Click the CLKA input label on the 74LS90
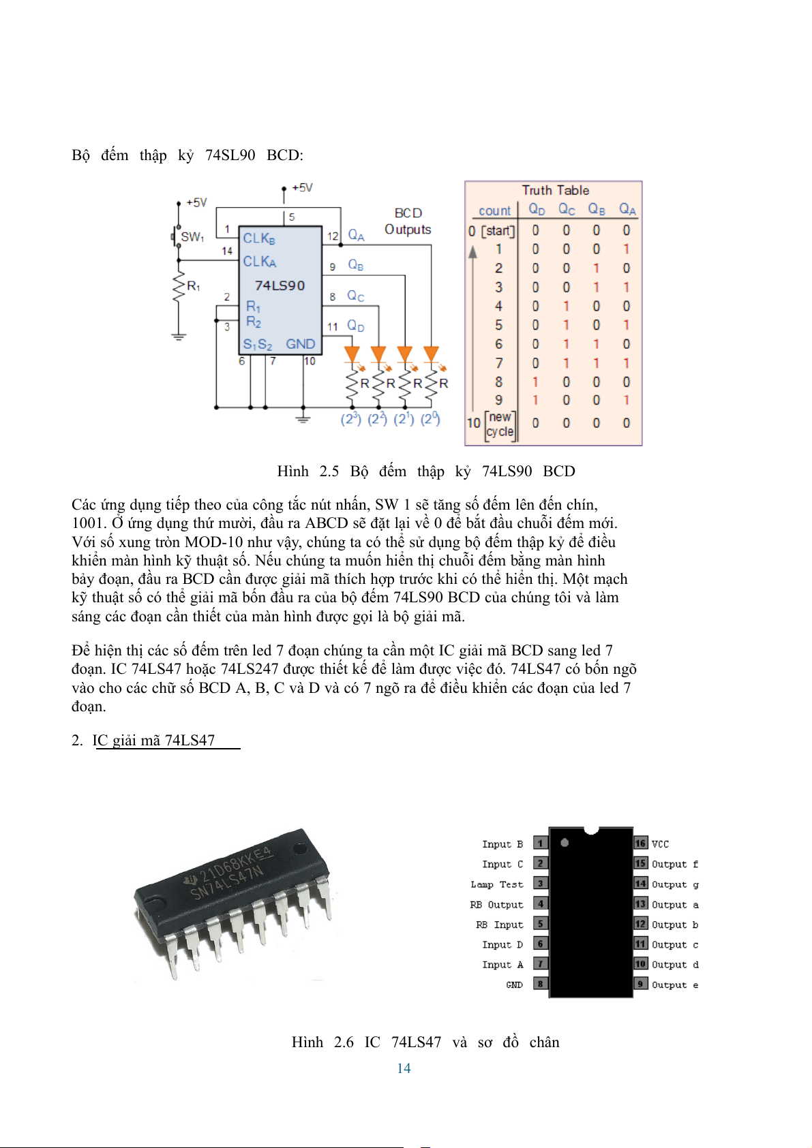pyautogui.click(x=260, y=262)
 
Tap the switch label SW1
pyautogui.click(x=192, y=237)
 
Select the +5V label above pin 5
pyautogui.click(x=302, y=187)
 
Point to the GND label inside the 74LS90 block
pyautogui.click(x=300, y=344)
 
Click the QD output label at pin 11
pyautogui.click(x=355, y=326)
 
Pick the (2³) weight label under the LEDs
pyautogui.click(x=350, y=418)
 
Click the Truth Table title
pyautogui.click(x=555, y=190)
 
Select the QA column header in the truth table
pyautogui.click(x=627, y=210)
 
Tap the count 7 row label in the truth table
pyautogui.click(x=498, y=363)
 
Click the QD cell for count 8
pyautogui.click(x=536, y=382)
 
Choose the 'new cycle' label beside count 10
pyautogui.click(x=500, y=424)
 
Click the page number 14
pyautogui.click(x=404, y=1068)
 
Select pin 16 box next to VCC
pyautogui.click(x=640, y=843)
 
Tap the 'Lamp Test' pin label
pyautogui.click(x=496, y=884)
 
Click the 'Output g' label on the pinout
pyautogui.click(x=674, y=884)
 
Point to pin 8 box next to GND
pyautogui.click(x=540, y=984)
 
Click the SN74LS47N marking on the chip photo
pyautogui.click(x=226, y=882)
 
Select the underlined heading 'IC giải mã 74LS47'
pyautogui.click(x=154, y=740)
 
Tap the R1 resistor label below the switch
pyautogui.click(x=194, y=286)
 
